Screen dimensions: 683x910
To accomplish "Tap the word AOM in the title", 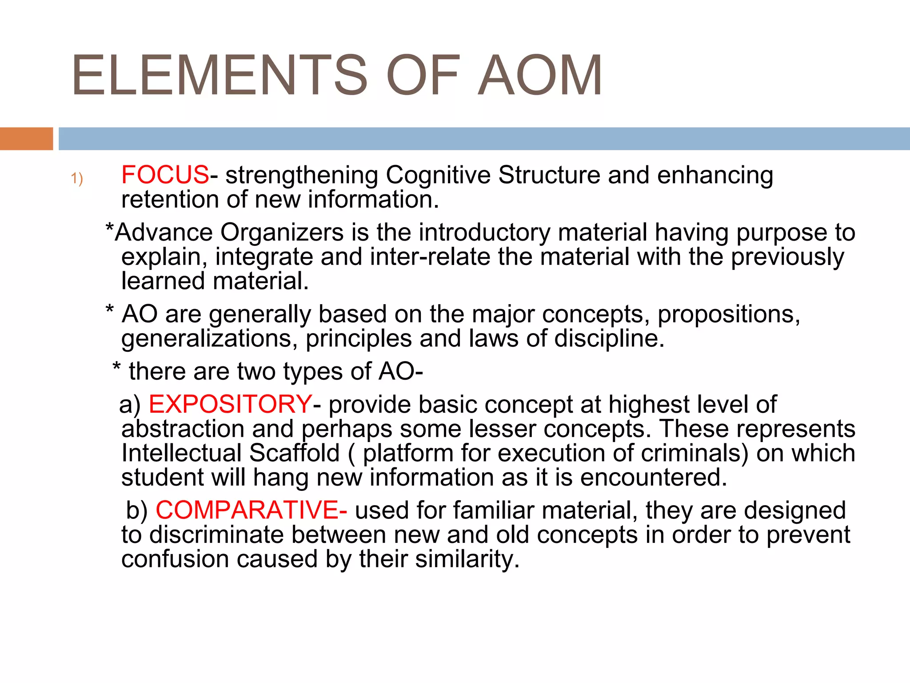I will click(x=540, y=76).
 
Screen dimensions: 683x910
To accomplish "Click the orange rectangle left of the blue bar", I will click(x=26, y=139).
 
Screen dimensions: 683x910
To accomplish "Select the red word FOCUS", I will click(x=165, y=175).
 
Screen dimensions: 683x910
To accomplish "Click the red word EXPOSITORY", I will click(x=230, y=404).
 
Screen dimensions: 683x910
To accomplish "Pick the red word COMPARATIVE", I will click(x=247, y=510).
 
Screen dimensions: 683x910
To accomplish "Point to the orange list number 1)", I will click(x=77, y=178).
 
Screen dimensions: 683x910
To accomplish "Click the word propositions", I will click(x=729, y=314).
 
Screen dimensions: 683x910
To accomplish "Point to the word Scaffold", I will click(x=294, y=453).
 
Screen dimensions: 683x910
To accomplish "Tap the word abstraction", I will click(x=183, y=429).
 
